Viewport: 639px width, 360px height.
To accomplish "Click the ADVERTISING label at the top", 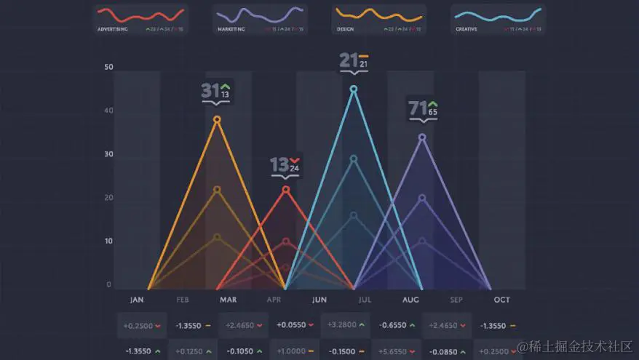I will (113, 30).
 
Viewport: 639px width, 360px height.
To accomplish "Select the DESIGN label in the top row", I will (345, 30).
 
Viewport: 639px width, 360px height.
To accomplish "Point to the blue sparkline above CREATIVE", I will (498, 14).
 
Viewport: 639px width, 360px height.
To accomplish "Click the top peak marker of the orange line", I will (217, 119).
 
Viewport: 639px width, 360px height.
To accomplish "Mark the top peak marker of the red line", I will (286, 189).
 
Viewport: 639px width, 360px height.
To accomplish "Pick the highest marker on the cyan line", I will (354, 89).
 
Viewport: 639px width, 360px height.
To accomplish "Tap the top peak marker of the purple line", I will (422, 137).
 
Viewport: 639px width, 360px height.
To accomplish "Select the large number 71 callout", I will (417, 108).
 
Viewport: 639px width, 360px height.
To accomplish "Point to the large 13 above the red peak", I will (279, 165).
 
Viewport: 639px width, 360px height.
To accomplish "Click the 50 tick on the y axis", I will (108, 68).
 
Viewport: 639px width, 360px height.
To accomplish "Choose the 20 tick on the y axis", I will (108, 198).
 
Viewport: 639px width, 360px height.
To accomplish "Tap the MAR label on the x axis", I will (227, 300).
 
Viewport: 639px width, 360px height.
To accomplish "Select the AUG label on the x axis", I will (410, 300).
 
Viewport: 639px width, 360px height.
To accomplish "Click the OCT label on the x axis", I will (501, 300).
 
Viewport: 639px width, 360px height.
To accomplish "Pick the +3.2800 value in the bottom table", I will (341, 325).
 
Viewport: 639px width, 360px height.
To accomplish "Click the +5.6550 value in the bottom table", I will (392, 351).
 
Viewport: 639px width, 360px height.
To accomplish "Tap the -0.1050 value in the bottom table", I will (239, 351).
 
